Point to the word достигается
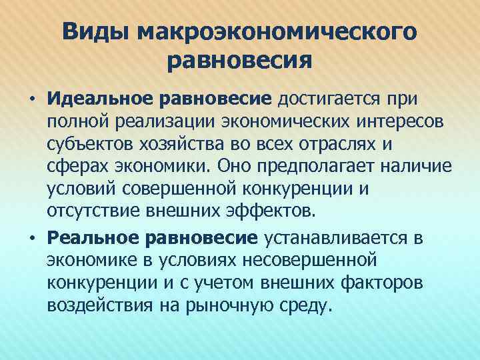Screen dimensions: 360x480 [329, 99]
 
